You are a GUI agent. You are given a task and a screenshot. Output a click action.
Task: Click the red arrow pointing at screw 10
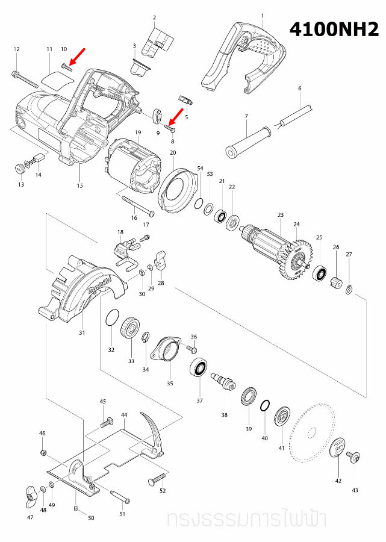click(x=76, y=57)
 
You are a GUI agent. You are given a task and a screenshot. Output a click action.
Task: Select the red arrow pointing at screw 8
click(x=176, y=117)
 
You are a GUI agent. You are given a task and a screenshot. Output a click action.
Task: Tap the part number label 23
click(x=280, y=215)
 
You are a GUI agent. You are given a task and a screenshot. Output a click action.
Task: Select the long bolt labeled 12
click(x=25, y=79)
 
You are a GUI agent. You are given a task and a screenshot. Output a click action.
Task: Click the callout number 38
click(x=224, y=415)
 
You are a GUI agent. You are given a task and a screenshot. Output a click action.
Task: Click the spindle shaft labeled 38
click(x=223, y=381)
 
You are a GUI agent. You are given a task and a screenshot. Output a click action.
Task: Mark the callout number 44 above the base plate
click(x=124, y=415)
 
